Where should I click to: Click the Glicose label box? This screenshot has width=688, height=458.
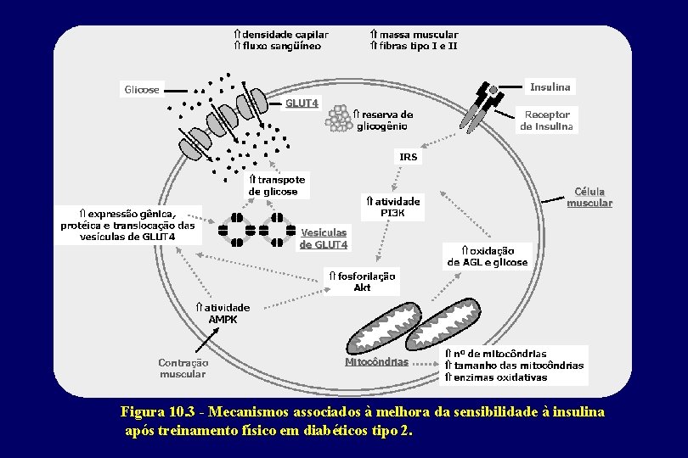point(142,90)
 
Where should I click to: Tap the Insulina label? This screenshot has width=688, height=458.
point(550,87)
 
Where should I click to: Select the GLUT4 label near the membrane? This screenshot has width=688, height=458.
point(302,103)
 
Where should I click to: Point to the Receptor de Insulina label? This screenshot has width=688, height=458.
point(548,120)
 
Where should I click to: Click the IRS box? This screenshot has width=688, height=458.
point(409,157)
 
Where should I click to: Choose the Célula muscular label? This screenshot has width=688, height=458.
point(589,198)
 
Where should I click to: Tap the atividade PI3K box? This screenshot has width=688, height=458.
point(392,208)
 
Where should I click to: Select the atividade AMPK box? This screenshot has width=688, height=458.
point(222,313)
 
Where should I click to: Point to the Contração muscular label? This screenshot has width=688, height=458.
point(183,368)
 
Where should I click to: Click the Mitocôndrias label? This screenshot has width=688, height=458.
point(376,362)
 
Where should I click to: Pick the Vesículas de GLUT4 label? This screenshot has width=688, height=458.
point(324,238)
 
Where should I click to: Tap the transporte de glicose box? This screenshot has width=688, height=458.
point(276,186)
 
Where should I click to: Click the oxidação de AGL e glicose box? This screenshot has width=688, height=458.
point(488,256)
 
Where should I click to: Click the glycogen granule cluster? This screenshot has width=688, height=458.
point(340,119)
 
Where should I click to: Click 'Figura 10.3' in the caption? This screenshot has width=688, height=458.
point(158,412)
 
